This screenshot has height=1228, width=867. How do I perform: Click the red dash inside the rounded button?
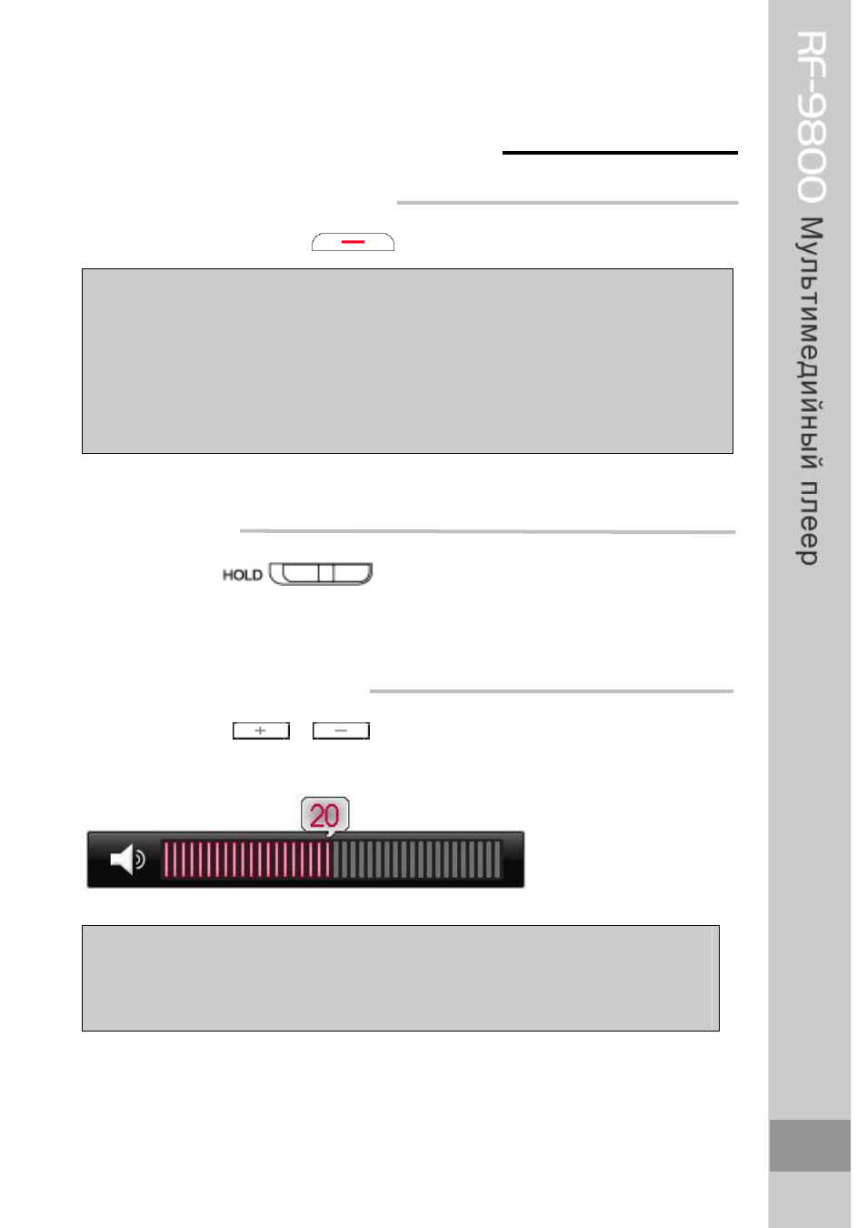[353, 241]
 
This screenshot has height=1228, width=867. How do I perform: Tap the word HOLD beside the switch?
[242, 575]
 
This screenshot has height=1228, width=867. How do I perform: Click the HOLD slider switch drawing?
[321, 573]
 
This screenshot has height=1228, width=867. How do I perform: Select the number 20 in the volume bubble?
[324, 815]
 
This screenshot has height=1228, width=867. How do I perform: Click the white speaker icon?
[127, 859]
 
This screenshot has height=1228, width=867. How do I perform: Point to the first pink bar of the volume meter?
[167, 859]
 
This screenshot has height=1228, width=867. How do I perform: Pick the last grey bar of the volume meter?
[497, 859]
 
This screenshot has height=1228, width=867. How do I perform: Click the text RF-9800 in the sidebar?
[811, 116]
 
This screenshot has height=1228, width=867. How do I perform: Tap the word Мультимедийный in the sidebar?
[810, 343]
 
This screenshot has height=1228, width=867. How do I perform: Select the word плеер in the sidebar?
[808, 524]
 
